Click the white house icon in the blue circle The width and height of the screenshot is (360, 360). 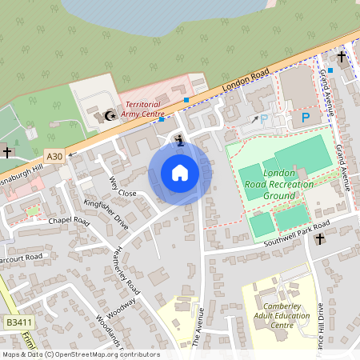tap(180, 172)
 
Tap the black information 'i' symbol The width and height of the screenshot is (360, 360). tap(179, 142)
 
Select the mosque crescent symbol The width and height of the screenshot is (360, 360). tap(110, 116)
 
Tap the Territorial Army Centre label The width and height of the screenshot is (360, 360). tap(142, 110)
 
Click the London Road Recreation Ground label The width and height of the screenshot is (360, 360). tap(280, 184)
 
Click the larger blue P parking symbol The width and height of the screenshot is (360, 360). tap(305, 118)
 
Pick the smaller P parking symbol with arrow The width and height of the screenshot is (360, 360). tap(264, 119)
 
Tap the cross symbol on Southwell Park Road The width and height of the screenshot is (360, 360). tap(319, 238)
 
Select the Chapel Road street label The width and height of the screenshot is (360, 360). tap(66, 219)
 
